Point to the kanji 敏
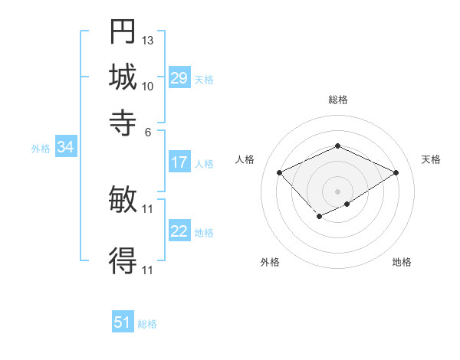(x=123, y=199)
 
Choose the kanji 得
(x=123, y=260)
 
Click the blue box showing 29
(x=179, y=78)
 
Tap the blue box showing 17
(x=179, y=162)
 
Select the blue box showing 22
(x=179, y=231)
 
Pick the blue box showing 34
(x=65, y=148)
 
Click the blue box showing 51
(x=123, y=322)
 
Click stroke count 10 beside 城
(x=148, y=86)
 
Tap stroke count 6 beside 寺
(x=148, y=131)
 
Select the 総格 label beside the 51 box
(x=147, y=324)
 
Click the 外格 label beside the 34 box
(x=41, y=149)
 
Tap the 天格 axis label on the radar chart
(x=431, y=159)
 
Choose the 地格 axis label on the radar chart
(x=402, y=262)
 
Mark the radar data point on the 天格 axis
(x=396, y=172)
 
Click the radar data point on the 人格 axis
(x=280, y=172)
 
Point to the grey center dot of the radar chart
(x=338, y=191)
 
